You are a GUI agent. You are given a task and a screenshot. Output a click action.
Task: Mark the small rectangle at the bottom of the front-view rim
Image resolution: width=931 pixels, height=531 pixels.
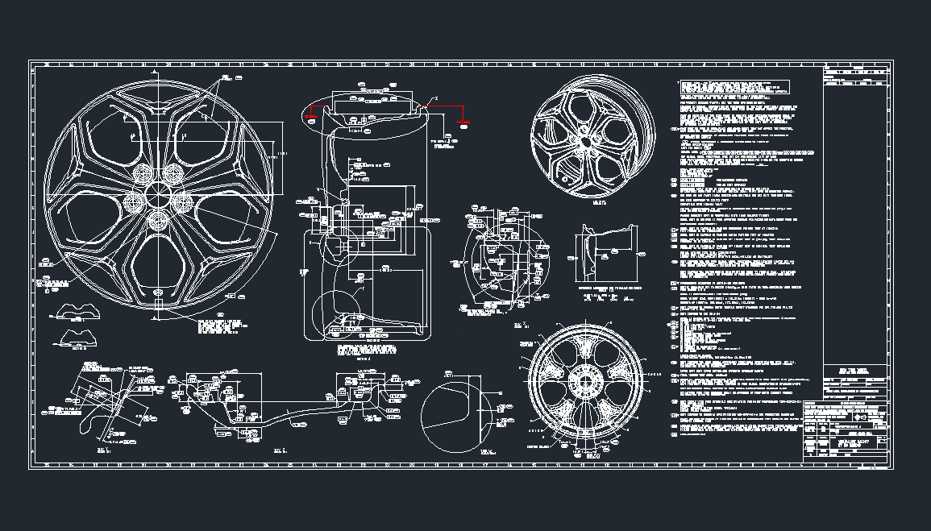160,305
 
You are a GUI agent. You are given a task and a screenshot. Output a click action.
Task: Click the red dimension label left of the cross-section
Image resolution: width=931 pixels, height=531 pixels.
311,117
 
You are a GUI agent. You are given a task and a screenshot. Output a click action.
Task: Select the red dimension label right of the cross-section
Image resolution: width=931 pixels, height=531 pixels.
463,122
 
